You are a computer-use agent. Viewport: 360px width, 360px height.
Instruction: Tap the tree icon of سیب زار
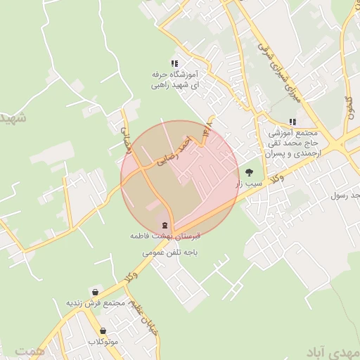(249, 172)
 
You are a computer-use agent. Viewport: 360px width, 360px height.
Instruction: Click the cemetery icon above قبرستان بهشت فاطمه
(165, 226)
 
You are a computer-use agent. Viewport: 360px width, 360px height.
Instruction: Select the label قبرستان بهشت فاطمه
(165, 238)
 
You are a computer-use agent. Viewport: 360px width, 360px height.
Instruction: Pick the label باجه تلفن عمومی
(169, 250)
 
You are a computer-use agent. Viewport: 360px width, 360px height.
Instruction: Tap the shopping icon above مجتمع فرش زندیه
(95, 292)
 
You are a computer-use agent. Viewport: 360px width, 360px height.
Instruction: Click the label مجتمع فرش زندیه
(95, 303)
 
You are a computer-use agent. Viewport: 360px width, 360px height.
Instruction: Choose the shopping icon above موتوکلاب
(103, 330)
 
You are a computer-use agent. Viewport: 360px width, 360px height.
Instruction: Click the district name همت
(28, 349)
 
